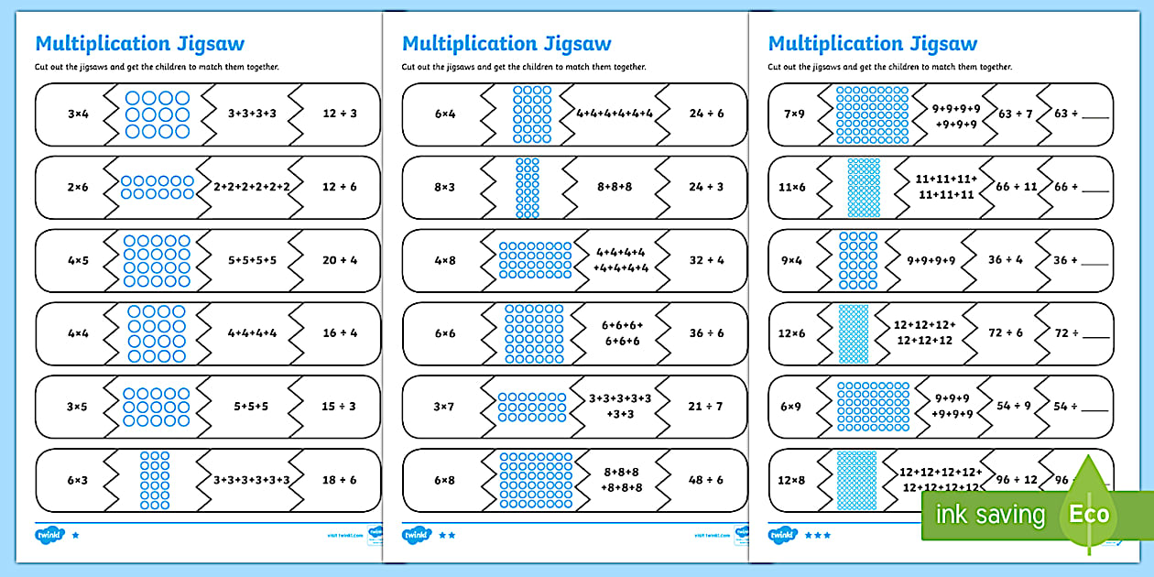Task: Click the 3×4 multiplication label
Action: pos(77,114)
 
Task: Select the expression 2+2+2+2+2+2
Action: pos(252,187)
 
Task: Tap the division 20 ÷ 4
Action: pos(339,260)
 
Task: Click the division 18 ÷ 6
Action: pos(339,480)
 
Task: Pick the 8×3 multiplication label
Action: pos(444,187)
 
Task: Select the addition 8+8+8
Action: pos(615,187)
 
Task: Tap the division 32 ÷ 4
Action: pos(706,260)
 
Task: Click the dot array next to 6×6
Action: pos(527,333)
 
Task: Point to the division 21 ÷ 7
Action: pos(706,407)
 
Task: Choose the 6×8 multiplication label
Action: pos(444,480)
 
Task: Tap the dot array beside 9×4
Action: pos(858,260)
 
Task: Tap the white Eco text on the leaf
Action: pos(1089,514)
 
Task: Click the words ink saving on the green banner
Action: pos(989,515)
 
